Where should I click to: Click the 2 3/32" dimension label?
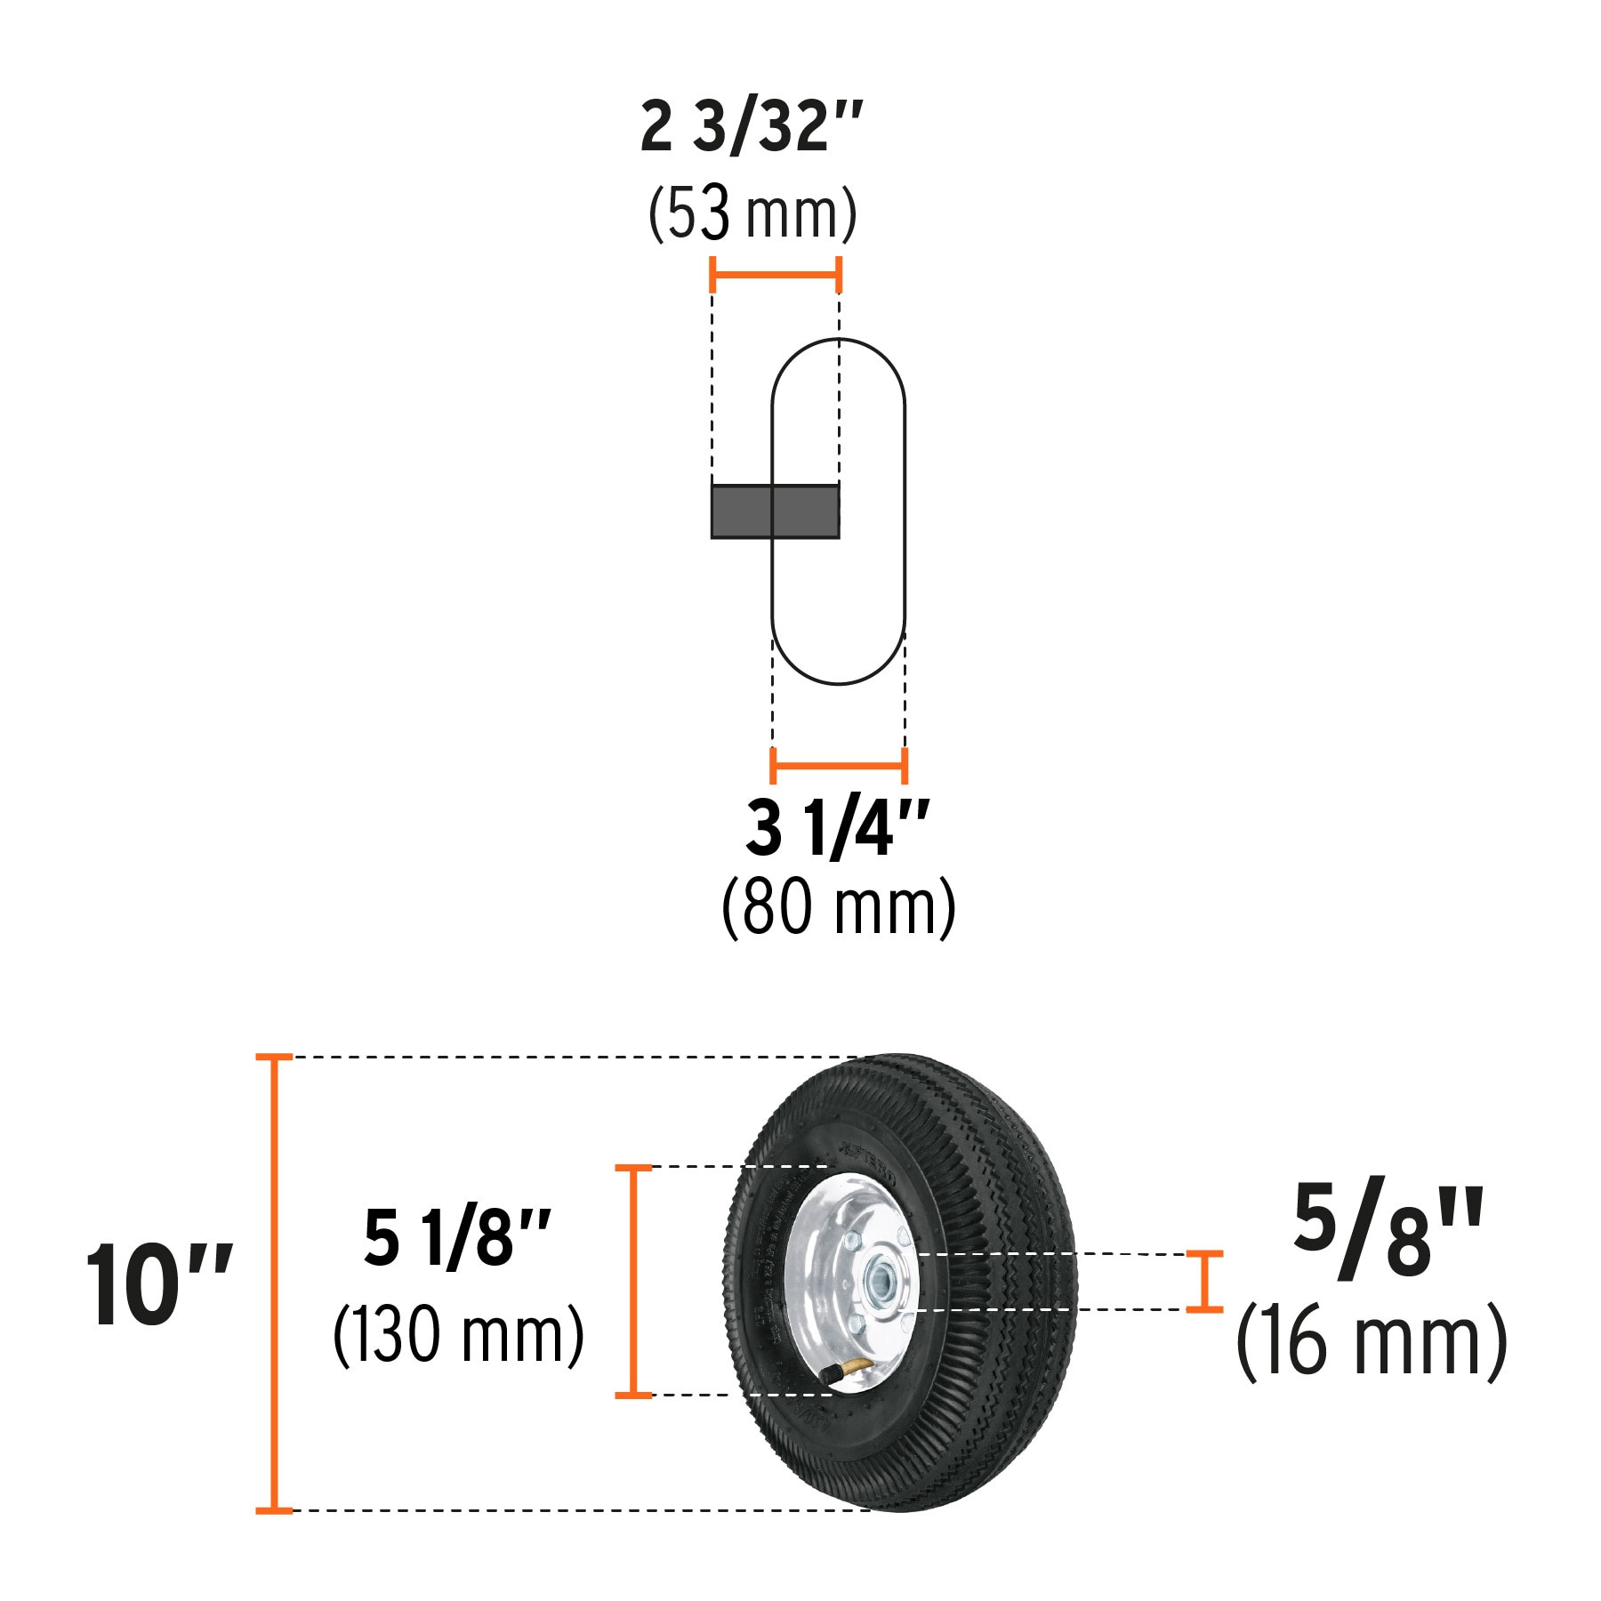(x=752, y=127)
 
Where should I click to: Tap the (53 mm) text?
(x=752, y=213)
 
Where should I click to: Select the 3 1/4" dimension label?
(x=837, y=829)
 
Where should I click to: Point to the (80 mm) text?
(x=838, y=907)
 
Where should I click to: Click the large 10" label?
(x=158, y=1286)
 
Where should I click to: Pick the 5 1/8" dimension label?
(x=457, y=1237)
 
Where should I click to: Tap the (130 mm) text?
(x=458, y=1334)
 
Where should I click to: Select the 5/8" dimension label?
(x=1388, y=1230)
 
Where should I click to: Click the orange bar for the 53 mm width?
(x=776, y=275)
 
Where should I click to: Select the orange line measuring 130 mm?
(x=633, y=1281)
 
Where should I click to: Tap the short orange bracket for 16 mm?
(x=1205, y=1281)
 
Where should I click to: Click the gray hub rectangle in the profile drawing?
(x=775, y=511)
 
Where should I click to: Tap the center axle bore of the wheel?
(x=882, y=1282)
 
